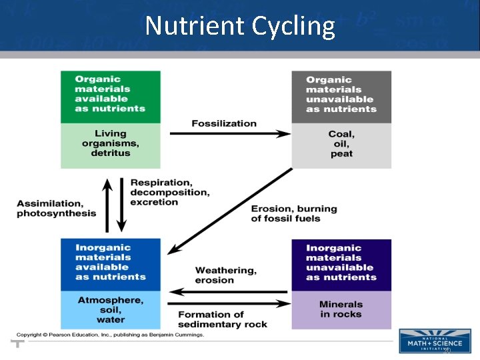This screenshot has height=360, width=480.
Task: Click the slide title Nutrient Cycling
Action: (240, 27)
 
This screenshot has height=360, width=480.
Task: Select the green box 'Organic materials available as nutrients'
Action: (110, 97)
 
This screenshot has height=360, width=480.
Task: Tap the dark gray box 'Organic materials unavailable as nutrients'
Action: (341, 97)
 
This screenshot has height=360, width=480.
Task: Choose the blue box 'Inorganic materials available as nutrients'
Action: (110, 265)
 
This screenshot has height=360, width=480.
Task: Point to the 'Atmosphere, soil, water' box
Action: (110, 310)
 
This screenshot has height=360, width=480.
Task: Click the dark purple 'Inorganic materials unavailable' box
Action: (341, 265)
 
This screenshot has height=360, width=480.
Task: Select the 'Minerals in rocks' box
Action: (341, 310)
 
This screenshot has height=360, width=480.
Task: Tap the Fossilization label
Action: (224, 123)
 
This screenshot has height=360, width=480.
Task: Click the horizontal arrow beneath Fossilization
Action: (230, 134)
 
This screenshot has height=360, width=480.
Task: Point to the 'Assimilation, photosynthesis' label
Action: (57, 209)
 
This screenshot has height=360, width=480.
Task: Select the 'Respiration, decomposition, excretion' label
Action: (170, 192)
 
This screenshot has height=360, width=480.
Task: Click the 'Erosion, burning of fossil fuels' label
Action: (294, 213)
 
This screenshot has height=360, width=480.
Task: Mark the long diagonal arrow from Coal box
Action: (230, 211)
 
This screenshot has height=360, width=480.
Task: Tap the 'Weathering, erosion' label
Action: (225, 275)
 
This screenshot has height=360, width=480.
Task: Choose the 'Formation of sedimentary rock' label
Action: (222, 319)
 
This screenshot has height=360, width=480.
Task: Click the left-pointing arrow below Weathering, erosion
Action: (230, 291)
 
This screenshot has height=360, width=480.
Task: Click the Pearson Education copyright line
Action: (111, 335)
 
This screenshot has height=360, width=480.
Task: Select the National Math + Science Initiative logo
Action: (434, 341)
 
